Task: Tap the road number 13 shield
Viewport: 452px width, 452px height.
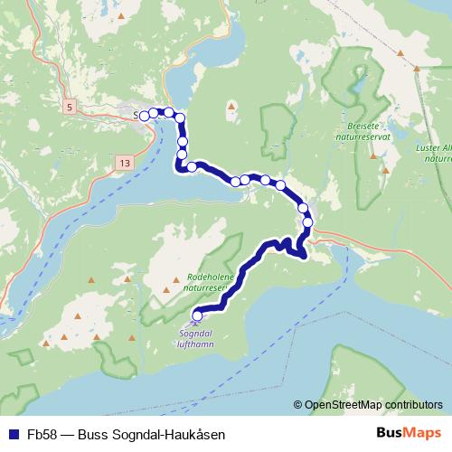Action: pos(124,163)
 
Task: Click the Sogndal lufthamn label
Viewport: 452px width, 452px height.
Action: pos(196,337)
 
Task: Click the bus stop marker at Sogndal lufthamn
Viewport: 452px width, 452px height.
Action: pos(198,315)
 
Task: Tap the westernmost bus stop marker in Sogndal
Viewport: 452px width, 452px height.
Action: pos(144,115)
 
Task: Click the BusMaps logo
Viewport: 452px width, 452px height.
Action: pos(409,433)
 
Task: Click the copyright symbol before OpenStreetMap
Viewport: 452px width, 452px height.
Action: pos(298,404)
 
